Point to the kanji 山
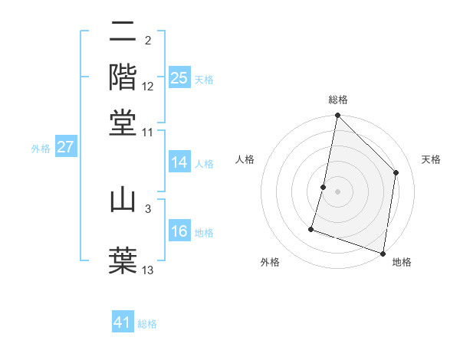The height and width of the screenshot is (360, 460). click(123, 200)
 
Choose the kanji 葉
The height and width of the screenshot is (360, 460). click(123, 258)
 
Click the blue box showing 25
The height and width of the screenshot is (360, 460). click(179, 77)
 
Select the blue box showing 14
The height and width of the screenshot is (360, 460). click(179, 162)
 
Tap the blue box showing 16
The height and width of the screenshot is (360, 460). click(179, 231)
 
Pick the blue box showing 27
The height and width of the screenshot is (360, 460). click(65, 147)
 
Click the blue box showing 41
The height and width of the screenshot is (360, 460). click(123, 322)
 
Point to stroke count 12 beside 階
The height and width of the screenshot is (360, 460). click(148, 87)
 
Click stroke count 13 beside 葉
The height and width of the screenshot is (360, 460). click(148, 270)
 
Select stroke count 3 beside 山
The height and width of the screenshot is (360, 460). click(148, 208)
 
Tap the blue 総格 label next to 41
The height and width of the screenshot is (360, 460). click(147, 324)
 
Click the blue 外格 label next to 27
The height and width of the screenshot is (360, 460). click(41, 149)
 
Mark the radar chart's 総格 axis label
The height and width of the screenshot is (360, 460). click(337, 100)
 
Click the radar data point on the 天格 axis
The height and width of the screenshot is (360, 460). click(396, 172)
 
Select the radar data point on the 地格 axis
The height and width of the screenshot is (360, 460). click(383, 253)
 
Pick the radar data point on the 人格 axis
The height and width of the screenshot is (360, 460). click(324, 187)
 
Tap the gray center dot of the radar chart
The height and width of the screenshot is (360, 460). click(337, 191)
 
